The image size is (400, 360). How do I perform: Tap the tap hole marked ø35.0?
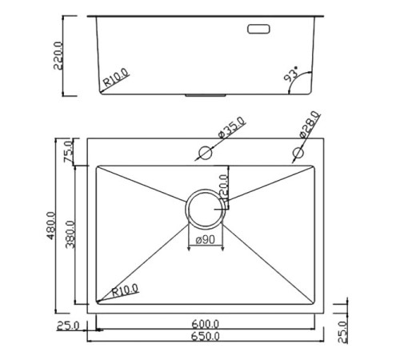coord(204,152)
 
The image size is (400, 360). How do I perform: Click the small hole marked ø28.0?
coord(298,152)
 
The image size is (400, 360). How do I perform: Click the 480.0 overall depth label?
coord(50,226)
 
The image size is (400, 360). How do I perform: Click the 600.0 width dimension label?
coord(206,324)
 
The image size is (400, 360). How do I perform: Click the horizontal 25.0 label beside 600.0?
coord(67,325)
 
